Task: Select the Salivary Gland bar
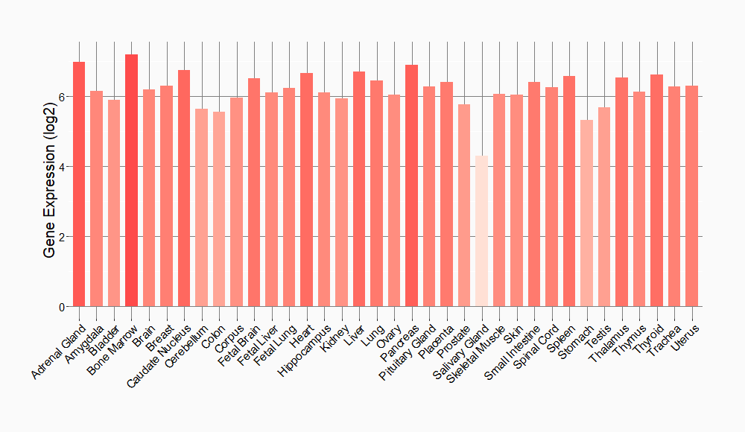481,231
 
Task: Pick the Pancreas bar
411,185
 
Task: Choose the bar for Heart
306,190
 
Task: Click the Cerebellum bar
201,208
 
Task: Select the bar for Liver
359,189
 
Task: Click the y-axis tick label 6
63,97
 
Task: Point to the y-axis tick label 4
63,167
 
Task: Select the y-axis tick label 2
63,237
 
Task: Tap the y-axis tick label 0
63,307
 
